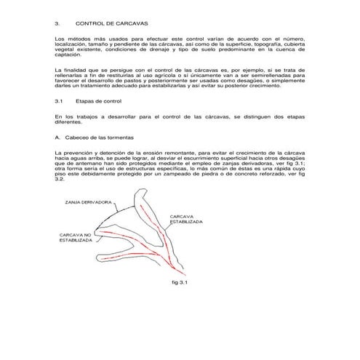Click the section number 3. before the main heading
click(57, 23)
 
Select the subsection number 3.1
click(59, 102)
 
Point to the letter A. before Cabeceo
click(57, 137)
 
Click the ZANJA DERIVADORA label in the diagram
click(87, 201)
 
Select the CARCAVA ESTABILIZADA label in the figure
click(189, 219)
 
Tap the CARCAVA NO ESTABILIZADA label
click(71, 239)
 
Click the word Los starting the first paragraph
click(59, 36)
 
